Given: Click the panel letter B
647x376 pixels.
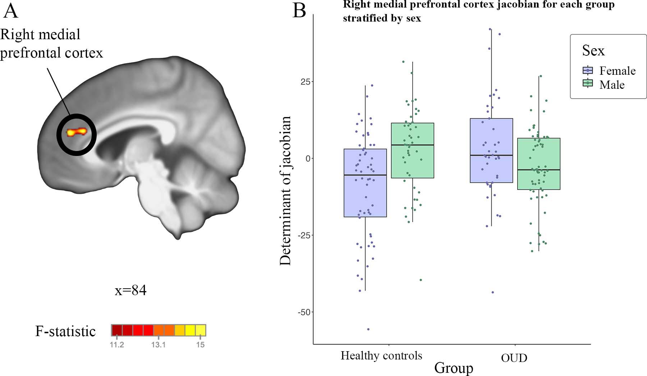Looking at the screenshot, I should pos(299,10).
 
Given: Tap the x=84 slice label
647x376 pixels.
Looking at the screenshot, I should pos(130,290).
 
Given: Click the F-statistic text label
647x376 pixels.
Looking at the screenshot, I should pos(65,331).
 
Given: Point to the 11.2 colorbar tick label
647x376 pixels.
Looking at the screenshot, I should pos(117,345).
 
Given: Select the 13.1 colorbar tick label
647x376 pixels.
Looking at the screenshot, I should pos(158,345).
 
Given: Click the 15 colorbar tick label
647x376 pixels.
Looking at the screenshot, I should pos(201,345).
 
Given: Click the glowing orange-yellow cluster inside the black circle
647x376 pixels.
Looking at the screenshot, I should pos(77,132).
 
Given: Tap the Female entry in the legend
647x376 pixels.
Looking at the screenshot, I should pos(617,70).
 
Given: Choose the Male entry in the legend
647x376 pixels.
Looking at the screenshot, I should pos(611,84).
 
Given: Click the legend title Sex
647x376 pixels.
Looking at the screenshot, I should pos(593,50).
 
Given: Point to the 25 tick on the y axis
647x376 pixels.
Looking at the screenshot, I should pos(305,82).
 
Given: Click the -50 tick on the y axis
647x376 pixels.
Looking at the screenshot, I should pos(304,312).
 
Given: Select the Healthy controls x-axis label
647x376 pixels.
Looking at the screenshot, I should pos(381,356).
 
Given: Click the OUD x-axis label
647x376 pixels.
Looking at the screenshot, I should pos(514,358).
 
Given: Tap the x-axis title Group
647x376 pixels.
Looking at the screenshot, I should pos(454,368).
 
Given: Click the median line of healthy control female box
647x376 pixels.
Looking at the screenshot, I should pos(365,175).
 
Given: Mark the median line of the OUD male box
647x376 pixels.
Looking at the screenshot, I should pos(538,169).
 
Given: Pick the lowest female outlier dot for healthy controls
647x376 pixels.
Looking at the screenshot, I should pos(368,329).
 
